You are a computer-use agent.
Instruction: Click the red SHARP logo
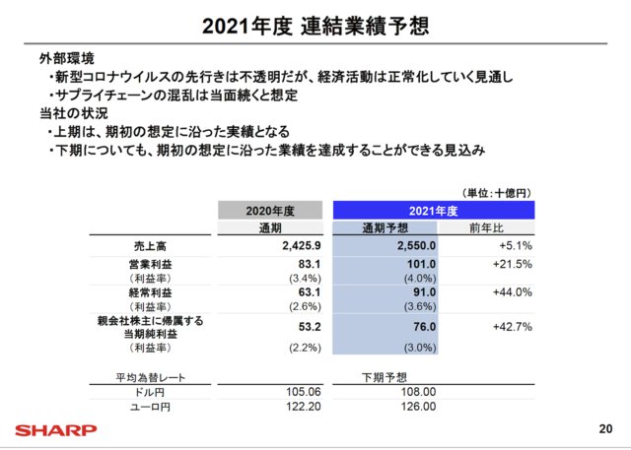click(55, 429)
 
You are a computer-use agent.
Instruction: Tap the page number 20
click(604, 429)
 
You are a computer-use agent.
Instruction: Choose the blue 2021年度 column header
click(433, 210)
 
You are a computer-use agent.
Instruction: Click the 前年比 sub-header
click(487, 228)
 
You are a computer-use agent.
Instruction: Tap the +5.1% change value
click(516, 246)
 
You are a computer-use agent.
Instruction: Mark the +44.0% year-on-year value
click(513, 292)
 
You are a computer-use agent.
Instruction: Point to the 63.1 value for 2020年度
click(311, 292)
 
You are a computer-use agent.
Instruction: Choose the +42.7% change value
click(513, 326)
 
